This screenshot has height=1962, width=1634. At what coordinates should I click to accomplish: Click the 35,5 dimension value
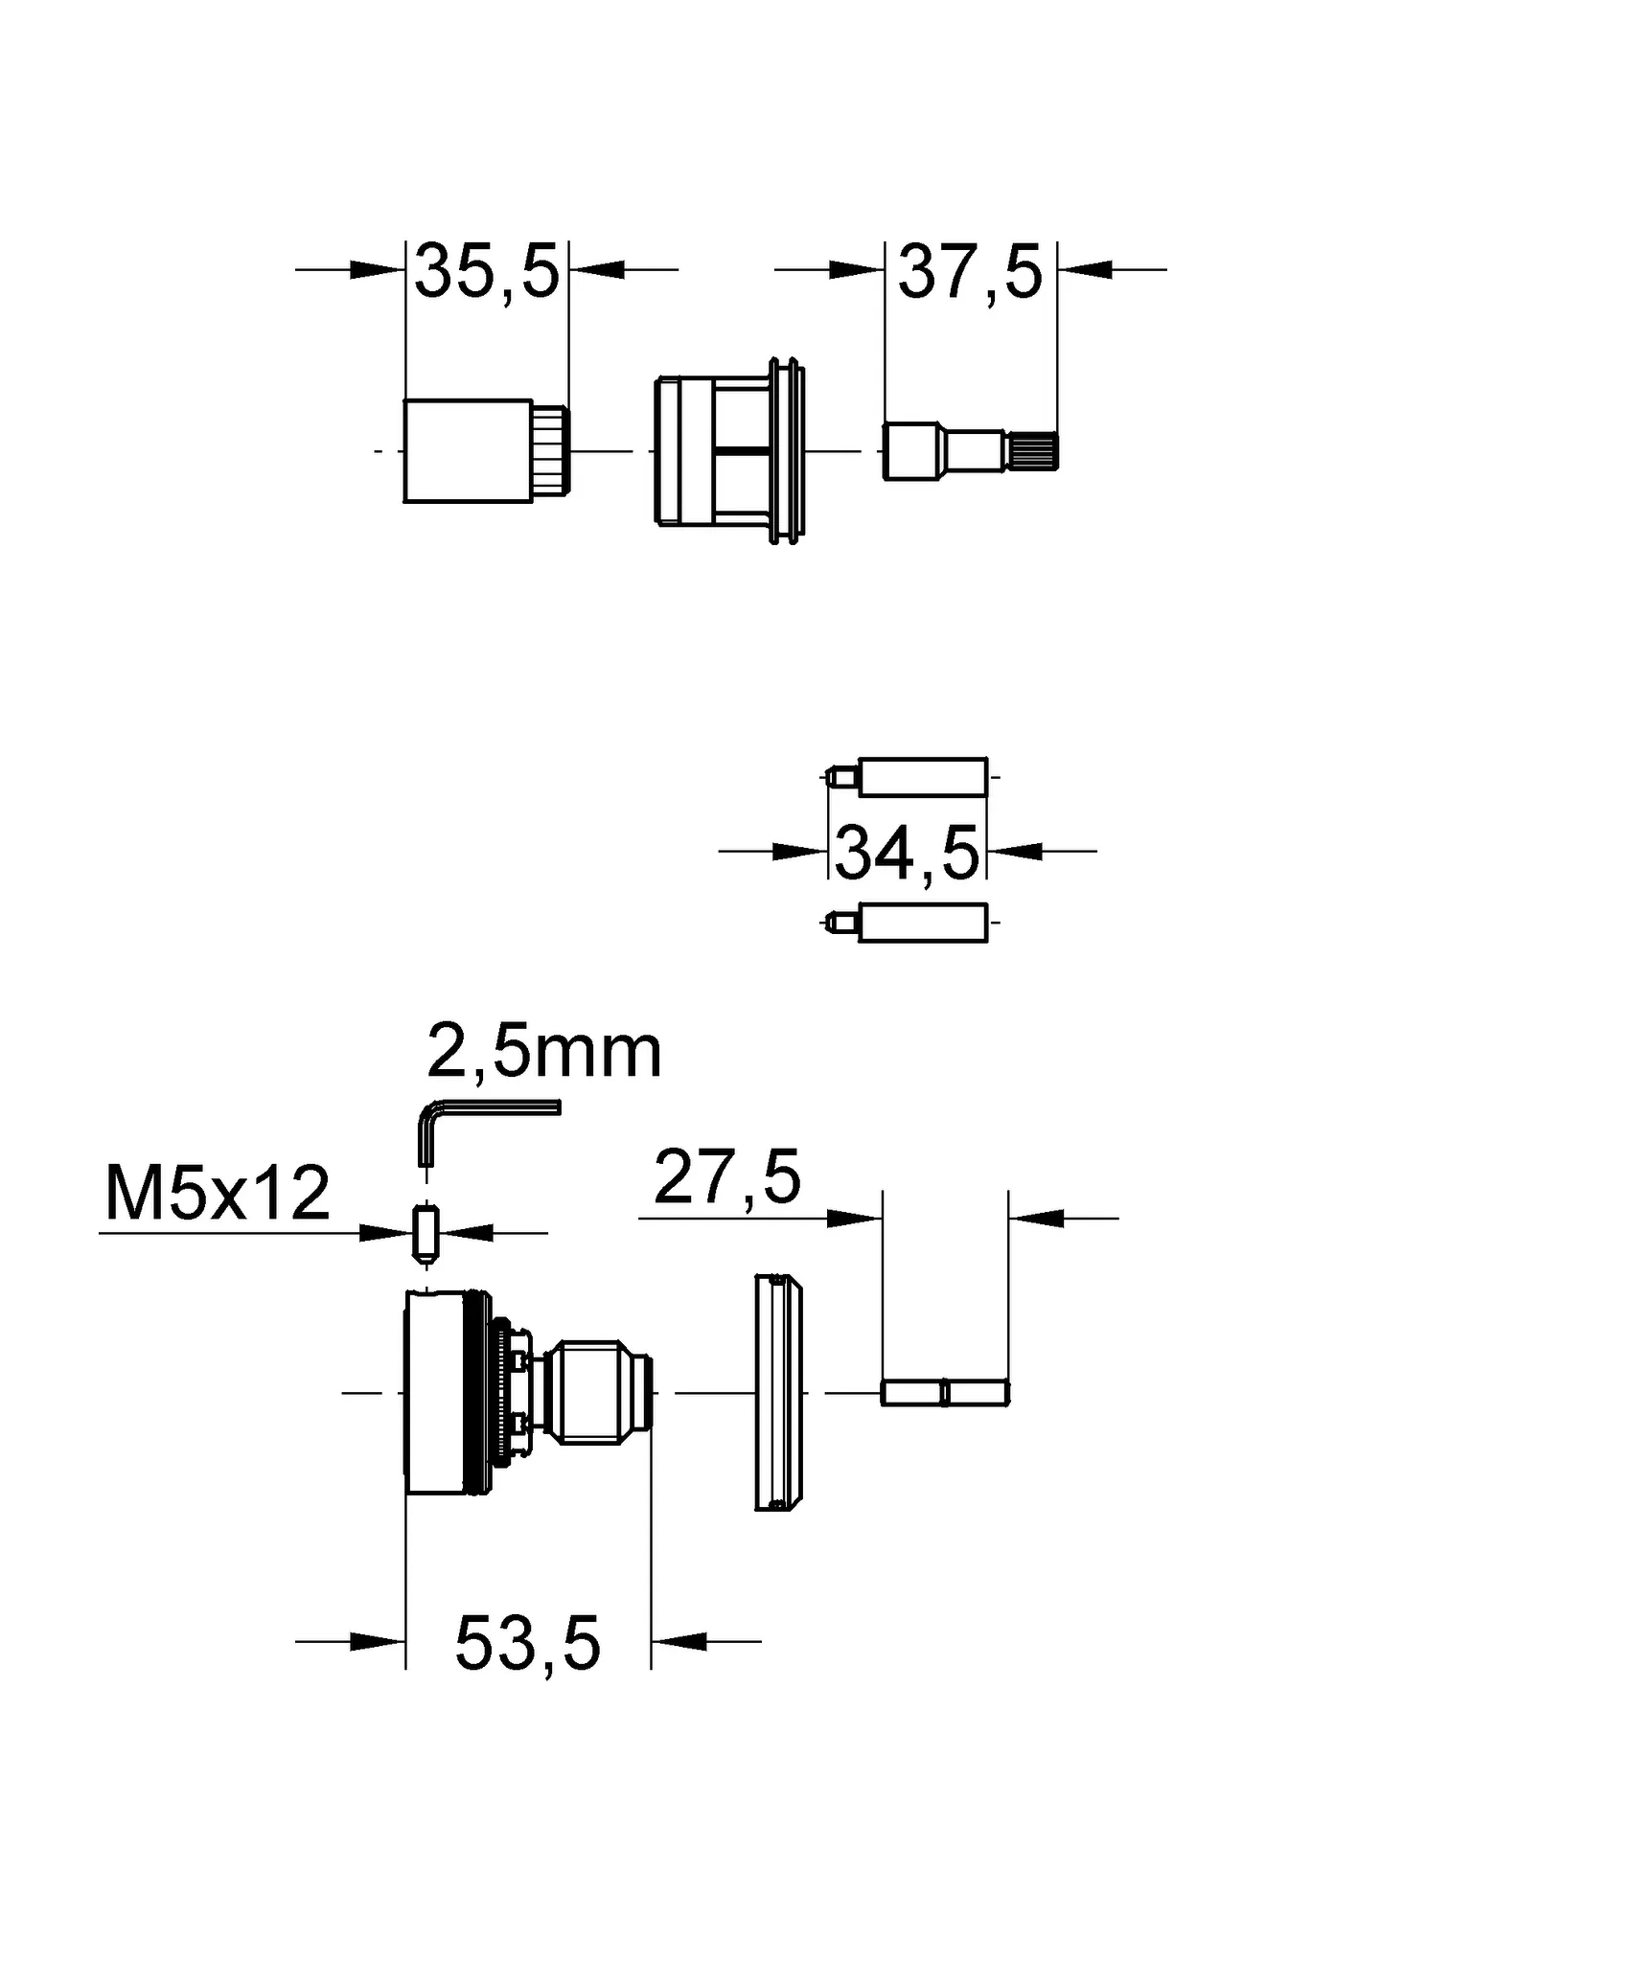[486, 273]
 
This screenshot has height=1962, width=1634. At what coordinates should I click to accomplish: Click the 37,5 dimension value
[969, 273]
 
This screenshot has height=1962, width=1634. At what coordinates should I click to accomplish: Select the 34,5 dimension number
[907, 853]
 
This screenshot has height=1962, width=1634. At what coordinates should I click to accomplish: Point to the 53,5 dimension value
[527, 1644]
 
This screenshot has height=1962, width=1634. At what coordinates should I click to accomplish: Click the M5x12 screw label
[217, 1195]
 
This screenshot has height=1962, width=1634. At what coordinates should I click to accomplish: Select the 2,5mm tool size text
[543, 1052]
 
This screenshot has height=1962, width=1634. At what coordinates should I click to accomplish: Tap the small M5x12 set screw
[426, 1233]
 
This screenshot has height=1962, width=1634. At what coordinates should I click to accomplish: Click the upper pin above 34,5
[920, 777]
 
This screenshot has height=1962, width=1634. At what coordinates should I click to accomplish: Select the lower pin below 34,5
[920, 923]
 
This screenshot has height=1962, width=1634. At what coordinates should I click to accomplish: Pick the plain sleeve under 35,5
[468, 450]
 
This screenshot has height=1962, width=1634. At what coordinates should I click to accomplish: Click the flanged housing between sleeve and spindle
[728, 450]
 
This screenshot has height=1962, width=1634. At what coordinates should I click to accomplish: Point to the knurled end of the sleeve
[552, 450]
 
